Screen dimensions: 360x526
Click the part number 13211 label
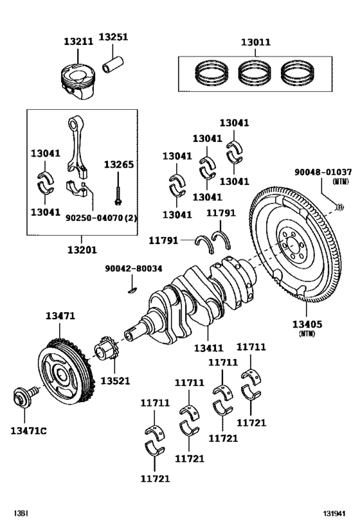point(78,42)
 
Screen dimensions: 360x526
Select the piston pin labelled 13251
point(113,65)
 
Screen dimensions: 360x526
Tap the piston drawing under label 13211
point(78,81)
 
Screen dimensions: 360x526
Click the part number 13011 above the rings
point(256,42)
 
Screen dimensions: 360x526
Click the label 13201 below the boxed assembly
point(82,250)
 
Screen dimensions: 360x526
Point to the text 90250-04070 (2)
point(102,218)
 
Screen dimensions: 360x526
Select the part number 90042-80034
point(133,268)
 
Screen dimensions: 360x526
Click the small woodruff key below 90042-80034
point(132,290)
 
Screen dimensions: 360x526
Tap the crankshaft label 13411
point(208,348)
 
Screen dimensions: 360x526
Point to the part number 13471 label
point(60,316)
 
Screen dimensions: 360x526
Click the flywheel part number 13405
point(307,324)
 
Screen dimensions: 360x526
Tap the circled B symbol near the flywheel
point(340,207)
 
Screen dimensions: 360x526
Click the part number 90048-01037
point(323,172)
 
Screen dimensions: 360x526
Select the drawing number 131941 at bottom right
point(334,514)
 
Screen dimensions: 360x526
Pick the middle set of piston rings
point(254,73)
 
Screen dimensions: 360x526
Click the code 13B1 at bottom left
point(21,514)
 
